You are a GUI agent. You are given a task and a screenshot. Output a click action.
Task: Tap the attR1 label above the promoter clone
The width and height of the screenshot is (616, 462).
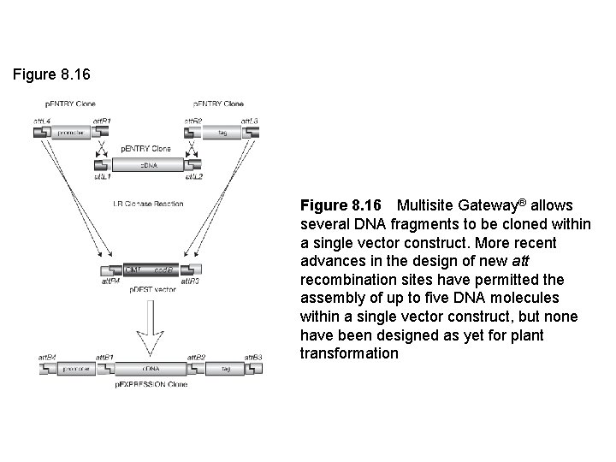coord(101,121)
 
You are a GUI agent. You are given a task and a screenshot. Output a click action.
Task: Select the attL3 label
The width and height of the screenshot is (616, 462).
coord(250,121)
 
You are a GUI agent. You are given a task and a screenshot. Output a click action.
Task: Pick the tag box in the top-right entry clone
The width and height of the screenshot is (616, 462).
coord(222,133)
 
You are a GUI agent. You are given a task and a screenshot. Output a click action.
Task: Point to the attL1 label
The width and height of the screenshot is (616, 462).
coord(102,176)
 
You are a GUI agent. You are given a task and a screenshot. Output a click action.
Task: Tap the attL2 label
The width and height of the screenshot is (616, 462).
coord(193,176)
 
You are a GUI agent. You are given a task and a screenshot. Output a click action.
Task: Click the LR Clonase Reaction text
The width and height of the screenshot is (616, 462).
coord(147,204)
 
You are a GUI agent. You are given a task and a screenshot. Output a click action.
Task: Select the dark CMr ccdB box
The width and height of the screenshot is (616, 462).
coord(151,269)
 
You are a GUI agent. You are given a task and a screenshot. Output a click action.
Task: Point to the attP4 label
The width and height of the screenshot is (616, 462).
coord(111,281)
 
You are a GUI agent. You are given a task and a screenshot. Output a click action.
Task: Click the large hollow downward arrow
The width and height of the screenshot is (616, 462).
coord(149,330)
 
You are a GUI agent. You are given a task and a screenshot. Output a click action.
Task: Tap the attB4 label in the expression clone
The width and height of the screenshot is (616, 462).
coord(47,356)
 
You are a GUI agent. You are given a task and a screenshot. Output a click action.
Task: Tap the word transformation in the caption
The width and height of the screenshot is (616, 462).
coord(349,352)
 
